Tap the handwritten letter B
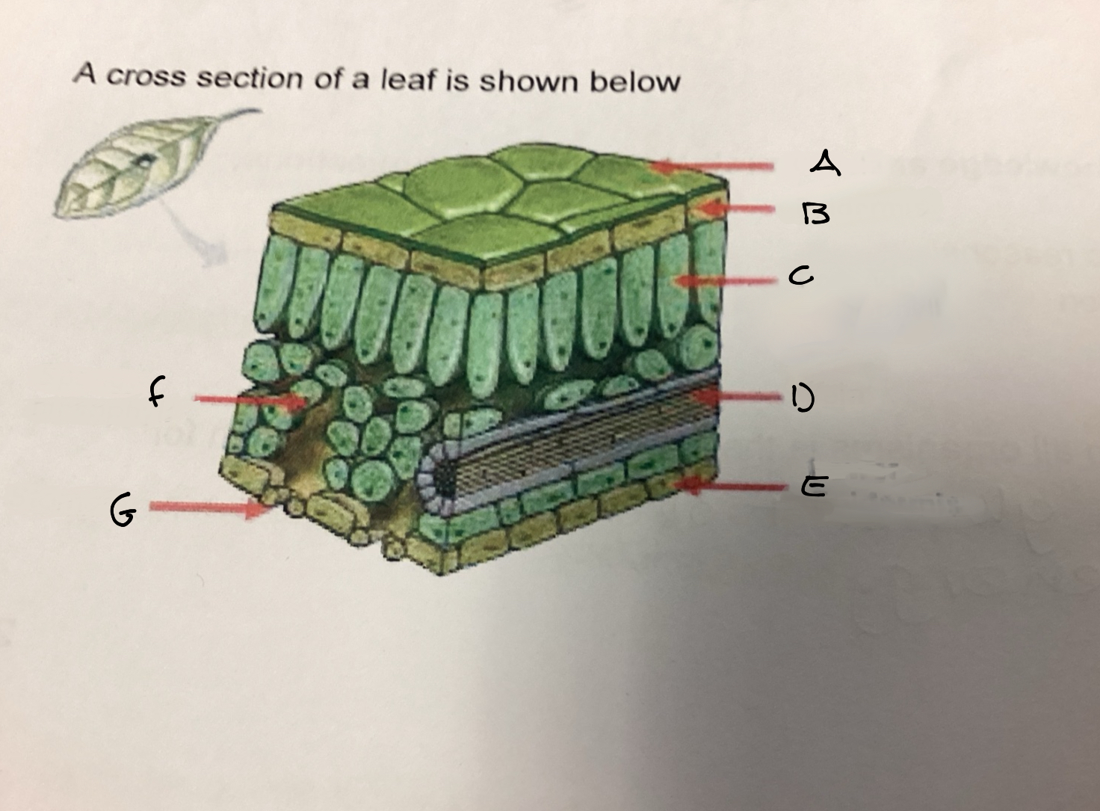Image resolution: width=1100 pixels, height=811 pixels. (816, 214)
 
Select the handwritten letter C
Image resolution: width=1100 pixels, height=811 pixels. (800, 276)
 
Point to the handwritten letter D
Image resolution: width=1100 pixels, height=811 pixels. (803, 398)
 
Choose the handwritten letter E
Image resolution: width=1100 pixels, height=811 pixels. (815, 487)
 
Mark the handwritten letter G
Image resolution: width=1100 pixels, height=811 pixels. (123, 511)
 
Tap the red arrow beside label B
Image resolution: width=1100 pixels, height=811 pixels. (737, 209)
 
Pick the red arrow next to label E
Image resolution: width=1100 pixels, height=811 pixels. (732, 486)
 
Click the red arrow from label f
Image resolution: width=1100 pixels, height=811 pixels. (250, 400)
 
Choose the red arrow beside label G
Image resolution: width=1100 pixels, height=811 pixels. (211, 507)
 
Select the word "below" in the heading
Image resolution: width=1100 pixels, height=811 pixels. (634, 81)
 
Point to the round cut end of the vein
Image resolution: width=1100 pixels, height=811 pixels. (438, 475)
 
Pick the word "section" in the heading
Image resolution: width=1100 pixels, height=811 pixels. (250, 78)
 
